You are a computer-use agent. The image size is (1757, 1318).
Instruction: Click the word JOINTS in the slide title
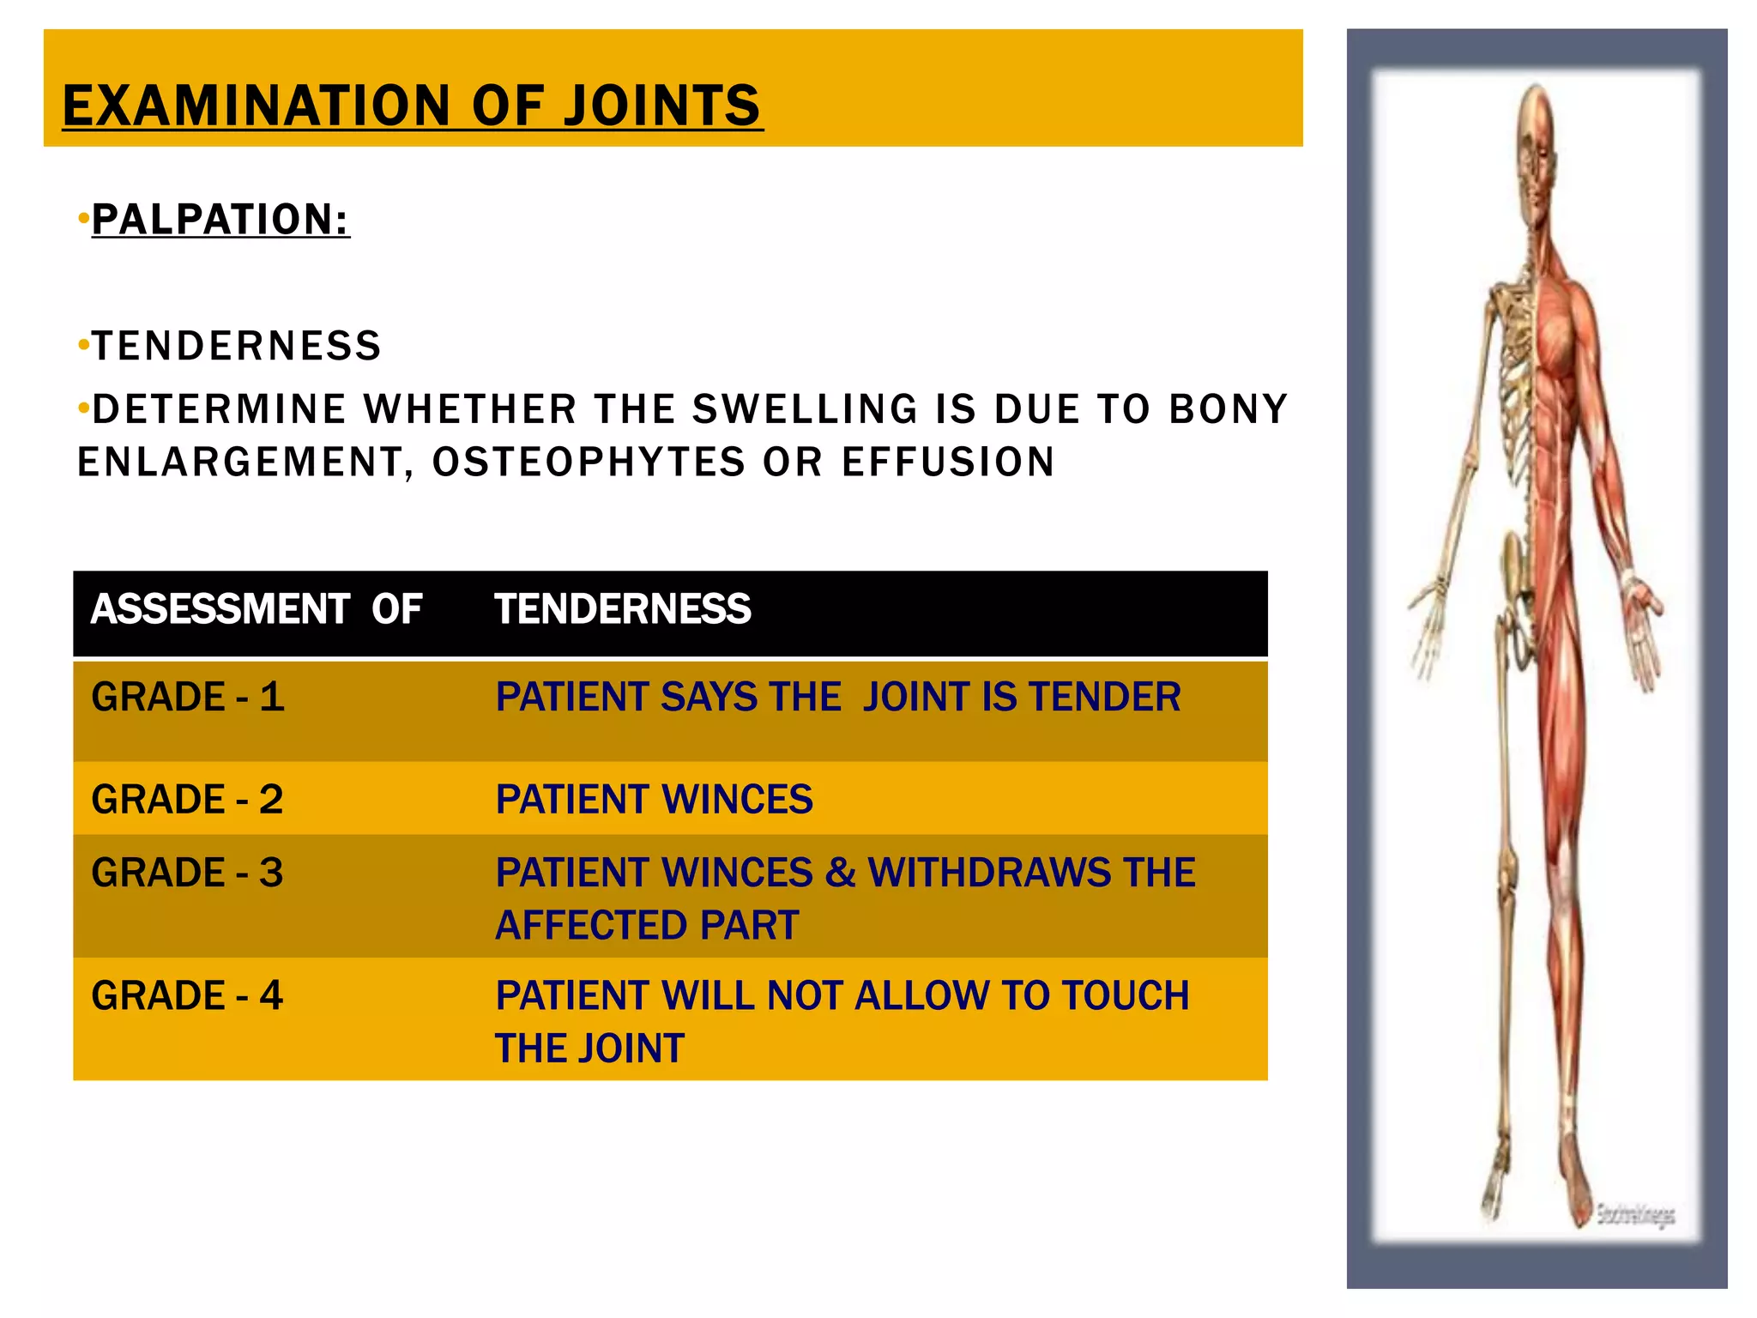tap(662, 106)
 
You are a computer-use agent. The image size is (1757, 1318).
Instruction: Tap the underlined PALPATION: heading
tap(221, 220)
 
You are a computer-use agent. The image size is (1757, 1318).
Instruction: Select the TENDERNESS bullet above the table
tap(237, 347)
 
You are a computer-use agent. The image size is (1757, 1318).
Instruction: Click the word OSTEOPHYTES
tap(589, 463)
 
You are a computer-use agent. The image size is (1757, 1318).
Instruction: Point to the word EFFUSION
tap(948, 463)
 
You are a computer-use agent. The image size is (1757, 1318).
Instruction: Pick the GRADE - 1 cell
tap(188, 697)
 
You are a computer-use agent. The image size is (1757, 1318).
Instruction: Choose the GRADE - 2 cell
tap(188, 800)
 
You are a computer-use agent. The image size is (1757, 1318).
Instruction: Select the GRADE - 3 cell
tap(188, 874)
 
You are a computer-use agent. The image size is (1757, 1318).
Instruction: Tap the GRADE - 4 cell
tap(188, 996)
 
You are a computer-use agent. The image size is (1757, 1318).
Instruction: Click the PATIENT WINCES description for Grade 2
tap(655, 800)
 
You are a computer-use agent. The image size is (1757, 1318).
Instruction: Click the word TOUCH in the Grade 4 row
tap(1126, 996)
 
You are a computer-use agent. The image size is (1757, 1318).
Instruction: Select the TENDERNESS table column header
tap(623, 609)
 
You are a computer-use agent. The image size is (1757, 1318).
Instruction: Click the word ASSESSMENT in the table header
tap(220, 609)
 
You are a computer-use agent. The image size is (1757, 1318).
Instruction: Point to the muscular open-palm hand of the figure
tap(1640, 626)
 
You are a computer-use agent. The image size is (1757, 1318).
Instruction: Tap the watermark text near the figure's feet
tap(1635, 1214)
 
